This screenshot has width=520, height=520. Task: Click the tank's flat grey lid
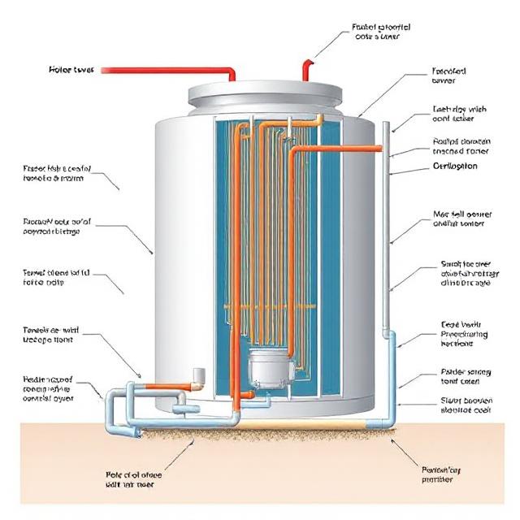click(x=269, y=96)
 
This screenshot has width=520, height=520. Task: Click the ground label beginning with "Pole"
click(x=136, y=479)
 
